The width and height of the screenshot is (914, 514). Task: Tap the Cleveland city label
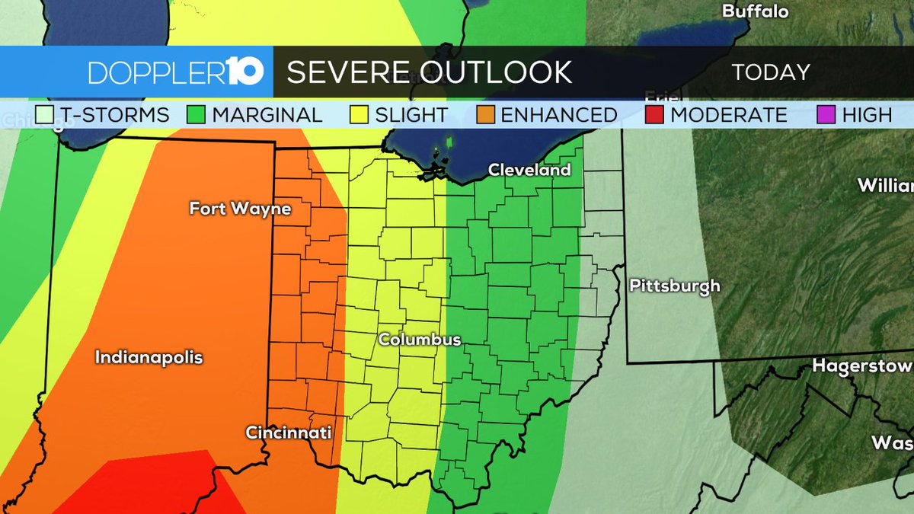[x=529, y=170]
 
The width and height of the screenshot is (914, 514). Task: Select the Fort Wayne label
[x=240, y=208]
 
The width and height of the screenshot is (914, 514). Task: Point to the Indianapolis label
[x=149, y=356]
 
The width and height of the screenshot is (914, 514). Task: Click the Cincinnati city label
[x=289, y=433]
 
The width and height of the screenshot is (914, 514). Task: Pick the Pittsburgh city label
[x=674, y=286]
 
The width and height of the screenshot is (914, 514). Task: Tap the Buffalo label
[x=755, y=11]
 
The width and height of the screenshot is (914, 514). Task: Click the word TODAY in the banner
[x=770, y=72]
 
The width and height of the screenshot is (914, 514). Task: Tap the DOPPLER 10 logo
[x=176, y=72]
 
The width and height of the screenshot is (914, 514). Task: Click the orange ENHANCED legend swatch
[x=486, y=115]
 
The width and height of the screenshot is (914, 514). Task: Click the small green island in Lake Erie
[x=449, y=142]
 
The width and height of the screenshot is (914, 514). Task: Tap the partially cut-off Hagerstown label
[x=861, y=366]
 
